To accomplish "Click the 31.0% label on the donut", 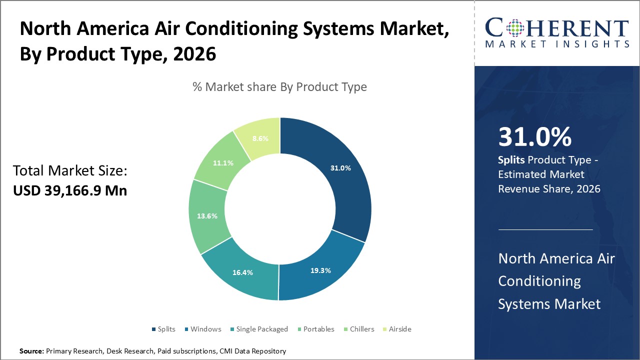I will click(340, 168).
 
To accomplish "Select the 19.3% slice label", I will click(320, 270).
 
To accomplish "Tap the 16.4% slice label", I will click(242, 272).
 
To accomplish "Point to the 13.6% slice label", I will click(207, 216).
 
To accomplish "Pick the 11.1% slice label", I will click(223, 163).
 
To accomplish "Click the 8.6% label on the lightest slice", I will click(260, 139).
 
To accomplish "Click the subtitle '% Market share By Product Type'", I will click(279, 87).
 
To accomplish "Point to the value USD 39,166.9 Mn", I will click(70, 190).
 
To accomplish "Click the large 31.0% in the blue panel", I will click(535, 137).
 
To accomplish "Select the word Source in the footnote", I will click(31, 351).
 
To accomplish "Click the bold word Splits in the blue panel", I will click(511, 160).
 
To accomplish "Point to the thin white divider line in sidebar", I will click(545, 229).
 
